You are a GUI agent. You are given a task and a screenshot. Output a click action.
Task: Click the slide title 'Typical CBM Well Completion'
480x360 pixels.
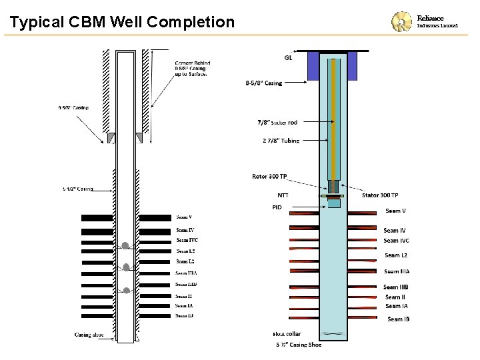point(123,23)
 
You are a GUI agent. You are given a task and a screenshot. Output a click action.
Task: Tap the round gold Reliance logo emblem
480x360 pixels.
point(403,22)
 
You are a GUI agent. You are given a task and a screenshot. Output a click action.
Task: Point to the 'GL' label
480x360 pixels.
point(288,57)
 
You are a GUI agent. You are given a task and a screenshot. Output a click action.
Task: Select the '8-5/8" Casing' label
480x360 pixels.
point(264,83)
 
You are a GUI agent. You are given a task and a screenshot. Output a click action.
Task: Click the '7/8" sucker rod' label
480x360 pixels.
point(277,123)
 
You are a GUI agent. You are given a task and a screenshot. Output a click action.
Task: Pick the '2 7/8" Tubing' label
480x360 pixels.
point(280,141)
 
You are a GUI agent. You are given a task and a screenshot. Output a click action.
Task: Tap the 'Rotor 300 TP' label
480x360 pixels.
point(269,177)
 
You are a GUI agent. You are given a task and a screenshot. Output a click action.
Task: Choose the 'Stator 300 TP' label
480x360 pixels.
point(380,195)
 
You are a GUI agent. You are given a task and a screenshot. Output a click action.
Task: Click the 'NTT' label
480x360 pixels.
point(283,195)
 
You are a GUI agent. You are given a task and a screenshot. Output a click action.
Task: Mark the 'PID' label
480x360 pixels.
point(277,207)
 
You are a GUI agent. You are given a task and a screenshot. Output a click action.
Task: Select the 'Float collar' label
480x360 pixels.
point(287,333)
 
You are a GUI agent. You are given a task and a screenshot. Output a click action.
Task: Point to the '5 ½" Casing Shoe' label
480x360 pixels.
point(299,345)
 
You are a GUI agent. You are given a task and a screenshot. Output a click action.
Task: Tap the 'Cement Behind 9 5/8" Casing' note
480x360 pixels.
point(191,68)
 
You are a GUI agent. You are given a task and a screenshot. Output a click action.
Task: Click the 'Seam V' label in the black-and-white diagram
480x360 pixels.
point(184,217)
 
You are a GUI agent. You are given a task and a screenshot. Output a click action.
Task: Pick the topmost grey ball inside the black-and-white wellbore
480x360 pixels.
point(125,246)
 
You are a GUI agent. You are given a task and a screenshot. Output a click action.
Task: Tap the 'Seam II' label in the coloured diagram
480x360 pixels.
point(395,297)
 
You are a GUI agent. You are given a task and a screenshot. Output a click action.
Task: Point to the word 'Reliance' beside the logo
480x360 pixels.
point(430,18)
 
